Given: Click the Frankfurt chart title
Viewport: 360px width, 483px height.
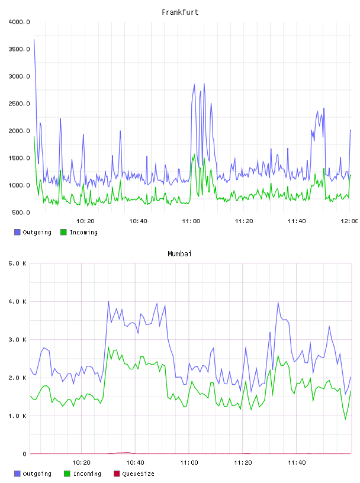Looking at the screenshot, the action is (180, 12).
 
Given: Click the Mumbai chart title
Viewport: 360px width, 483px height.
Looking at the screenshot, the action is (179, 254).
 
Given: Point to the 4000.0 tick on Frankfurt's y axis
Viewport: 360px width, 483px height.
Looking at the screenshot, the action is (20, 22).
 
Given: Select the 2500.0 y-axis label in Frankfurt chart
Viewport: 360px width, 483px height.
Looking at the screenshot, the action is (20, 104).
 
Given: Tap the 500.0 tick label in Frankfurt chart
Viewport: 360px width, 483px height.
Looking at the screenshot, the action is (21, 212).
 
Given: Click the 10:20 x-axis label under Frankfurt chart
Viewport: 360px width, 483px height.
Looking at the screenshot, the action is (85, 221).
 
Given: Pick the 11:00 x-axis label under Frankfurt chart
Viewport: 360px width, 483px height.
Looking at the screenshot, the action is (191, 221).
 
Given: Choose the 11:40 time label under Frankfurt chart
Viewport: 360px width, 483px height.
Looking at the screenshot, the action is (297, 221).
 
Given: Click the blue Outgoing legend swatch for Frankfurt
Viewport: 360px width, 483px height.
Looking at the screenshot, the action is (17, 232).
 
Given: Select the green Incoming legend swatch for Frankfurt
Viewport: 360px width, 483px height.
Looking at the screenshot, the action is (63, 232).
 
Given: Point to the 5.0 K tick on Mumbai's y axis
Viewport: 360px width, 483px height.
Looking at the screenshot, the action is (18, 263).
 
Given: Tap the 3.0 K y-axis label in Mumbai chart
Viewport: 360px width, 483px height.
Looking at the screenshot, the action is (18, 339).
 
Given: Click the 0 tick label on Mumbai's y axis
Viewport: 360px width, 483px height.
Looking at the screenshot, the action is (24, 454).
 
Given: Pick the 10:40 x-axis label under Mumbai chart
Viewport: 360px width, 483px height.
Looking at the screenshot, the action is (136, 462).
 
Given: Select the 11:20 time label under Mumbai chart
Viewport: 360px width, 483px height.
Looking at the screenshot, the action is (243, 462).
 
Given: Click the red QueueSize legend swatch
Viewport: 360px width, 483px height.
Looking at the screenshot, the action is (117, 474).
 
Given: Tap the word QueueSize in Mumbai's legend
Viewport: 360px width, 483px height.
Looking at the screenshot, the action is (138, 474).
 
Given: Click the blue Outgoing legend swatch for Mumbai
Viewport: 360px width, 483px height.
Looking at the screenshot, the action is (17, 474).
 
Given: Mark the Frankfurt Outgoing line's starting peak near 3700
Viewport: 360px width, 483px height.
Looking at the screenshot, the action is (34, 40).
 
